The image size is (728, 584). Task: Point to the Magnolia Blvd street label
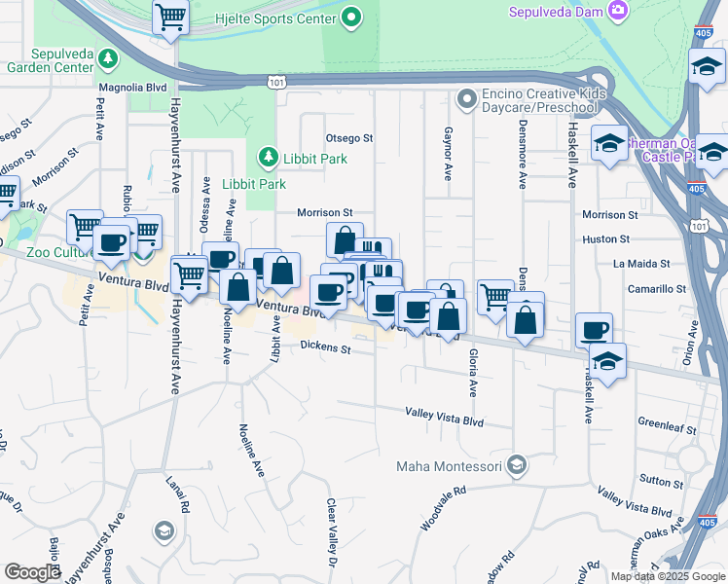(132, 88)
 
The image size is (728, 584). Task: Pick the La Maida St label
(641, 264)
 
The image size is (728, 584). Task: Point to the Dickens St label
(325, 346)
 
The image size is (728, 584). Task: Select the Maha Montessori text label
(449, 466)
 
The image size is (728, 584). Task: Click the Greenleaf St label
(668, 427)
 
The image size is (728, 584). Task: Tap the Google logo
(33, 573)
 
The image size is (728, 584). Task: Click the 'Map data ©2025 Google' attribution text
(667, 576)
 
